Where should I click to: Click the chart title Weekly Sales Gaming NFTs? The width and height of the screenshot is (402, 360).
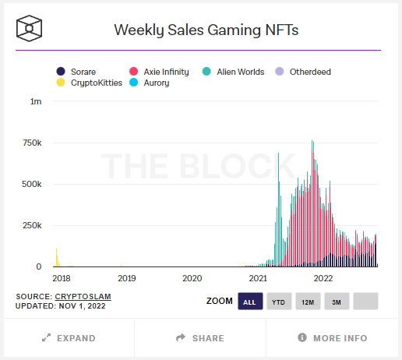coord(206,30)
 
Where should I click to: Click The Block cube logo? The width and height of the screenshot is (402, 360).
coord(29,30)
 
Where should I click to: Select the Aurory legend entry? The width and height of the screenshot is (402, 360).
coord(166,82)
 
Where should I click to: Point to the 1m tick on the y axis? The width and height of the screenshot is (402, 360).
coord(37,102)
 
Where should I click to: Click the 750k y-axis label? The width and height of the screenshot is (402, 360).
coord(33,143)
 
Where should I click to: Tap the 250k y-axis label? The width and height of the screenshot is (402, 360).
coord(33,225)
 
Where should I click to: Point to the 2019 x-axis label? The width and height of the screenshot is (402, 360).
coord(126,277)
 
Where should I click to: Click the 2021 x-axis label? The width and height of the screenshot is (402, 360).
coord(258,277)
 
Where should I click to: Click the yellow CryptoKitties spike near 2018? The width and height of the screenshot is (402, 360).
coord(57,258)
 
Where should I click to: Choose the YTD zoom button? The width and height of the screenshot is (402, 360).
coord(278,302)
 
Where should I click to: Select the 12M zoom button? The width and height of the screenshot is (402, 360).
coord(307,302)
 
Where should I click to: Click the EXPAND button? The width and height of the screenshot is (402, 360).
coord(69,338)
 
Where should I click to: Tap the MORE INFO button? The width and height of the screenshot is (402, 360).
coord(333,338)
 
